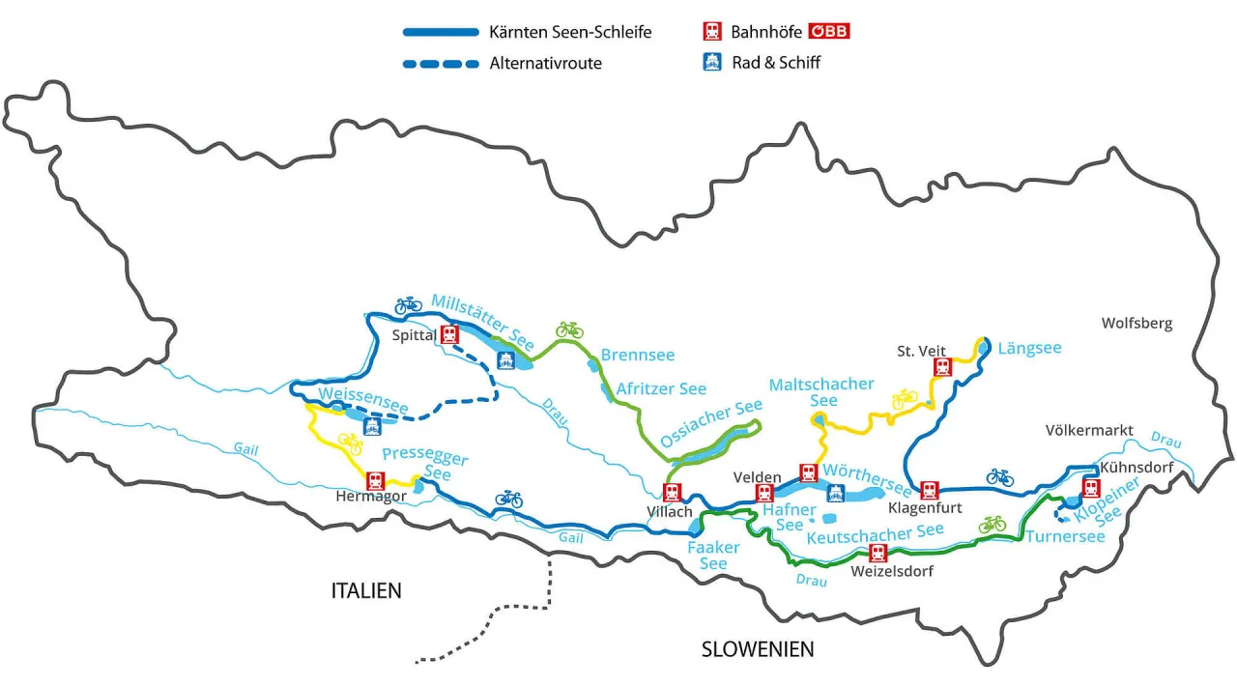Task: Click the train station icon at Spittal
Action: [448, 335]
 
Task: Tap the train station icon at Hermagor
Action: [375, 480]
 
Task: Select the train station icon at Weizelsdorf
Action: [877, 553]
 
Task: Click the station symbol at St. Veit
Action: [942, 367]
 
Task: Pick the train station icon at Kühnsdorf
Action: [1091, 488]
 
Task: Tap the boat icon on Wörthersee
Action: [835, 494]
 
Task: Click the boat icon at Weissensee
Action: [371, 425]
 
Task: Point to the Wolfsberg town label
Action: [1136, 324]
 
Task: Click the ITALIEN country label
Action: [366, 590]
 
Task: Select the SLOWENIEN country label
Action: [758, 649]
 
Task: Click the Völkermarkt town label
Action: [1089, 430]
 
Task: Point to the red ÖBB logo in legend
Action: [829, 31]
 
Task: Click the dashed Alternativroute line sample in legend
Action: [441, 64]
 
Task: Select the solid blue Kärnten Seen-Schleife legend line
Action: [441, 32]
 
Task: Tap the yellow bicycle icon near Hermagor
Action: [350, 444]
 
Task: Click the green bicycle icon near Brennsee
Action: [569, 329]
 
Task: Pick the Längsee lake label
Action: [1029, 348]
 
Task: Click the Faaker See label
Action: [713, 556]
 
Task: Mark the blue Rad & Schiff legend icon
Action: [712, 63]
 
